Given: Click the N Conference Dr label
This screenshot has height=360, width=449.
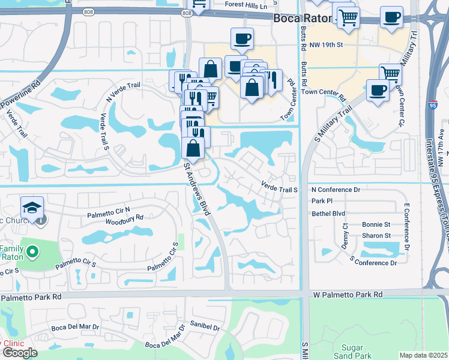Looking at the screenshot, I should tap(336, 190).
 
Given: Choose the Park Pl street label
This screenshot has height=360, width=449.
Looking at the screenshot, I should tap(322, 201).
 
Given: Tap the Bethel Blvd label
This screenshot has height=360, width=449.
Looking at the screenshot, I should tap(328, 213).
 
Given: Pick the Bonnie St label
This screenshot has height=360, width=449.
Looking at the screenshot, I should tap(376, 224).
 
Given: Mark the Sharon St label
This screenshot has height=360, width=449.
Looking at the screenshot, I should tap(376, 236).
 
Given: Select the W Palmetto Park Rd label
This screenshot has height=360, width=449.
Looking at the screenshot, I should tap(348, 295).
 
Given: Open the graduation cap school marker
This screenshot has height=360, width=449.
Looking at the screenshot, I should tap(32, 208).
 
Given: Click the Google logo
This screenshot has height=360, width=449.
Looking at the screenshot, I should tap(20, 353).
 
